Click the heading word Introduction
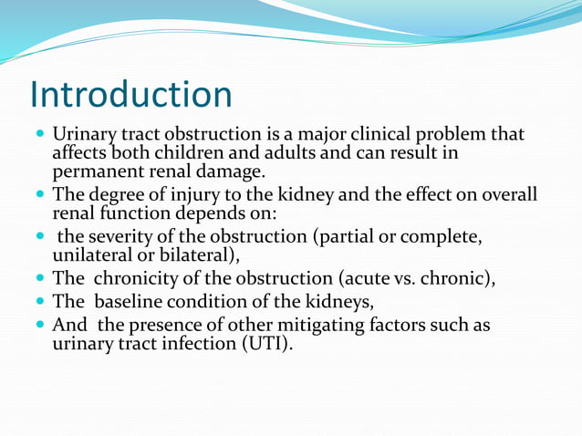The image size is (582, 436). (130, 95)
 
